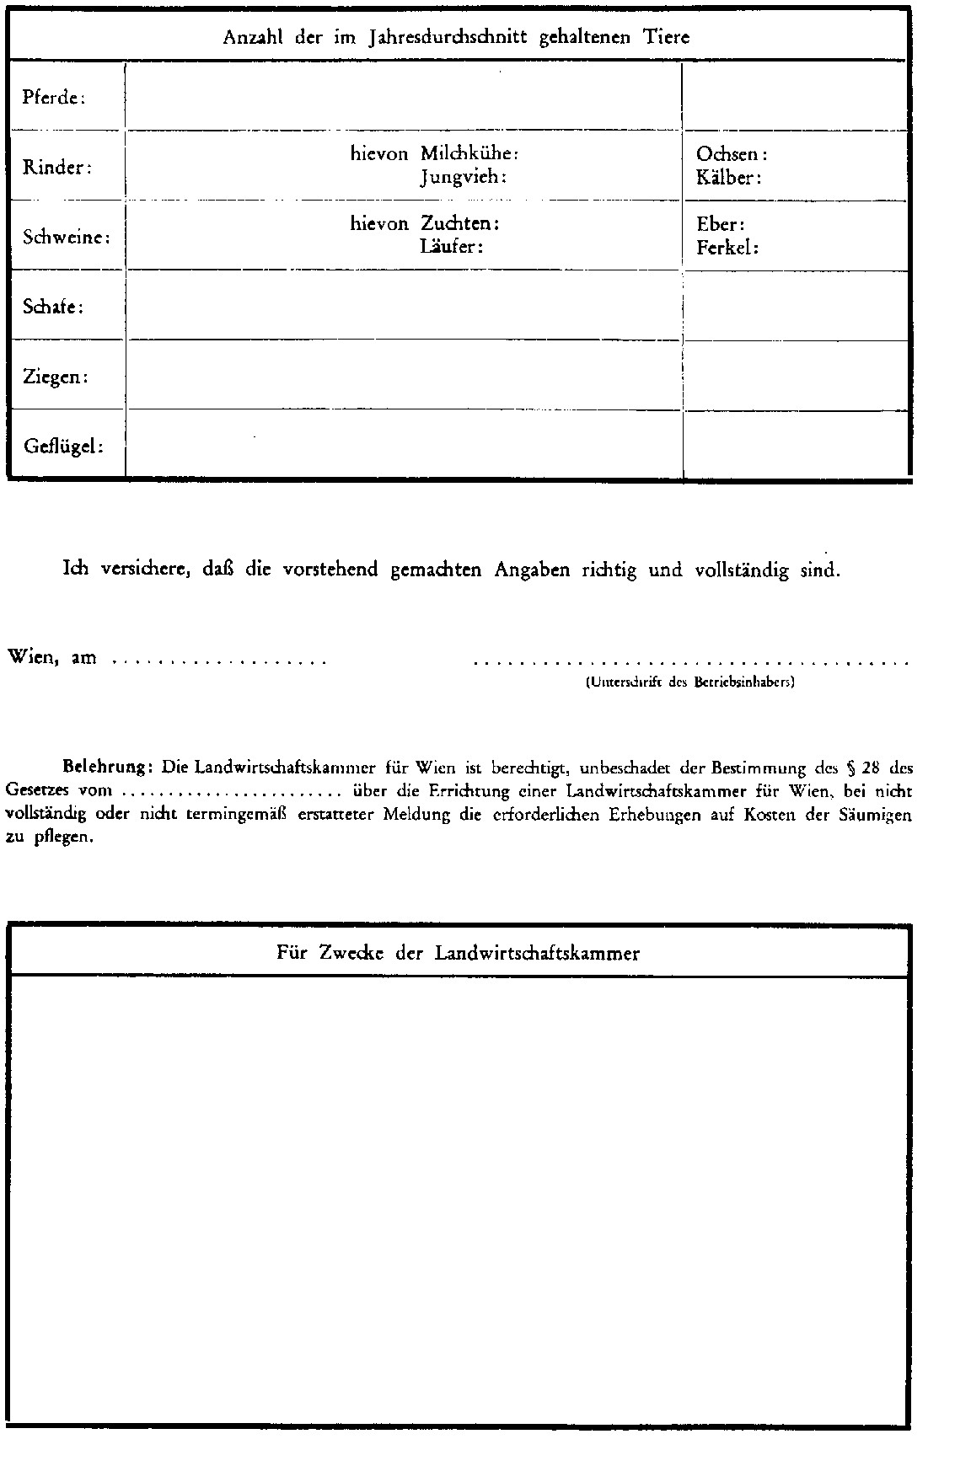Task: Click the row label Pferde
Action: [x=54, y=98]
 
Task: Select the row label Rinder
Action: [x=56, y=167]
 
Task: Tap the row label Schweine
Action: [x=67, y=237]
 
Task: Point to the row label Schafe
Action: [x=53, y=307]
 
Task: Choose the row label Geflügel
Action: [x=63, y=446]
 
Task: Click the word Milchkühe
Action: [x=469, y=153]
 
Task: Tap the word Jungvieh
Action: [x=463, y=177]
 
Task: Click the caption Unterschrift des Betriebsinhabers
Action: [x=689, y=682]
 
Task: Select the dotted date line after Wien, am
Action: [x=219, y=661]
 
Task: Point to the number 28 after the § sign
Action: [x=872, y=768]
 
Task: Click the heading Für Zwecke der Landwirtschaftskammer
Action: [x=458, y=953]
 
